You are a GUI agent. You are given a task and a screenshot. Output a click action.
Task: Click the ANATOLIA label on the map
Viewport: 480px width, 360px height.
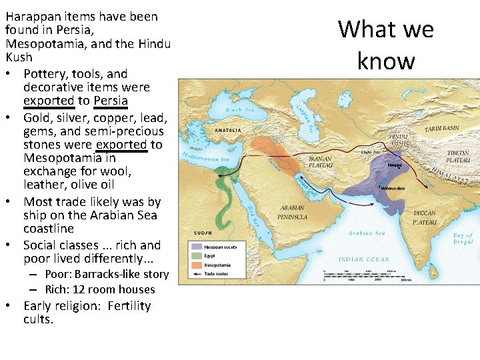(228, 131)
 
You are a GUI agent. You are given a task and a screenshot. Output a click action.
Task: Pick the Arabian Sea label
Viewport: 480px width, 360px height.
(366, 233)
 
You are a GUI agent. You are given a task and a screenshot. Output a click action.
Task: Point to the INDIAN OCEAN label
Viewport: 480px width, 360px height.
(365, 259)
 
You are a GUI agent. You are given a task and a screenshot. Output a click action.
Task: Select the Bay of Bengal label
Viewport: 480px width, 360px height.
(462, 239)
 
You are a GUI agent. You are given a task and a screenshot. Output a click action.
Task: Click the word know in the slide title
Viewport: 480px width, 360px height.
(386, 61)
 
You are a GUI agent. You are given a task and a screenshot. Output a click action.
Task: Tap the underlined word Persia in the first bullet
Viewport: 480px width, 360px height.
(111, 101)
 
